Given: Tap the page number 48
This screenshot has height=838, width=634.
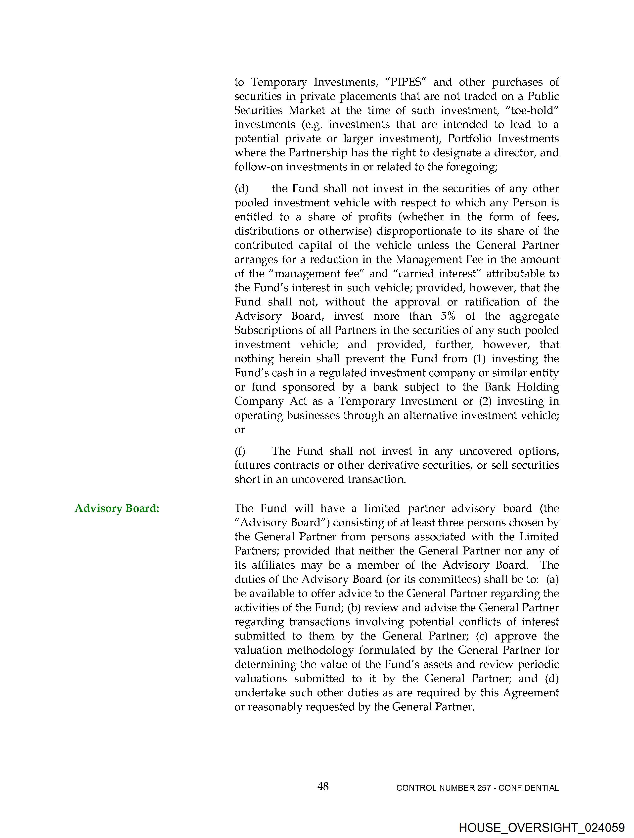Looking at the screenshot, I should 323,787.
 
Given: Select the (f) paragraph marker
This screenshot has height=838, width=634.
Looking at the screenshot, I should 240,451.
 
